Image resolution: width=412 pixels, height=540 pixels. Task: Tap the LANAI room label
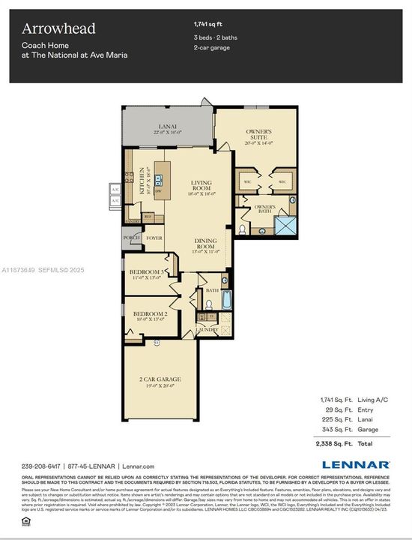169,126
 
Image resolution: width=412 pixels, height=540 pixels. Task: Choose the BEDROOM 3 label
148,271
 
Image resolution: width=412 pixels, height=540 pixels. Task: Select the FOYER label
154,238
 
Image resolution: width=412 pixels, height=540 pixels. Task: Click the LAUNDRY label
207,329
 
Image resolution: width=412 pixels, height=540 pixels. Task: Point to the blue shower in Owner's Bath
285,224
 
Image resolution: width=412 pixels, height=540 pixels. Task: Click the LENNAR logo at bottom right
355,465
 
